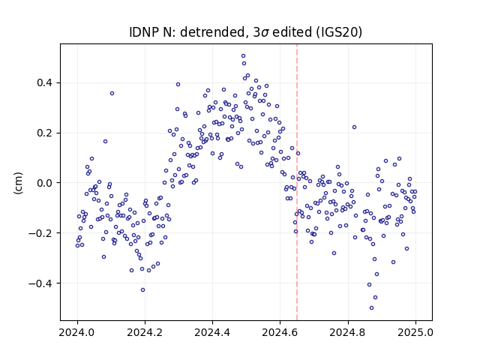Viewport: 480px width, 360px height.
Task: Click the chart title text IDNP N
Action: pyautogui.click(x=150, y=32)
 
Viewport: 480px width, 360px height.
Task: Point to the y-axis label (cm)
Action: pyautogui.click(x=18, y=182)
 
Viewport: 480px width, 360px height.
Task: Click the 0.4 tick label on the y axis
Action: pyautogui.click(x=44, y=83)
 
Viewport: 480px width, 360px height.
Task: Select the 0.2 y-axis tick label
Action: pyautogui.click(x=44, y=133)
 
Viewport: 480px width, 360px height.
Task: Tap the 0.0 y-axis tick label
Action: pyautogui.click(x=44, y=183)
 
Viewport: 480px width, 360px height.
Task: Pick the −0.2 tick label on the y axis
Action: pyautogui.click(x=40, y=233)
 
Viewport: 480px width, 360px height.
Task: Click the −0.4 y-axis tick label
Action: pyautogui.click(x=40, y=283)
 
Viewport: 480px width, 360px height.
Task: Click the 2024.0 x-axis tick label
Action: pyautogui.click(x=76, y=332)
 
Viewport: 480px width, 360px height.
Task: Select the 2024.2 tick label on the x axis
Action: pyautogui.click(x=145, y=332)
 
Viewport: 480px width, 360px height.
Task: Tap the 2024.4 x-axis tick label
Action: pyautogui.click(x=212, y=332)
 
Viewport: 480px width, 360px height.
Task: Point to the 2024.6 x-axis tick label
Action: pyautogui.click(x=280, y=332)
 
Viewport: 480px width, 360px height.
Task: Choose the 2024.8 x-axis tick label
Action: pyautogui.click(x=347, y=332)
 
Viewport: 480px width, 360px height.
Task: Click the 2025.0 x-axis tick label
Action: pyautogui.click(x=415, y=332)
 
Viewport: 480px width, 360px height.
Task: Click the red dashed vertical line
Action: pyautogui.click(x=297, y=182)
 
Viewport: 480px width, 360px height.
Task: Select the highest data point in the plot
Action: pyautogui.click(x=243, y=56)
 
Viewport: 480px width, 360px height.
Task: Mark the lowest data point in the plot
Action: pyautogui.click(x=372, y=308)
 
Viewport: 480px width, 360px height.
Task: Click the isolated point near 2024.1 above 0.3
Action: pyautogui.click(x=112, y=93)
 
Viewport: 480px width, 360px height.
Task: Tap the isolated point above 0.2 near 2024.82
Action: pyautogui.click(x=354, y=127)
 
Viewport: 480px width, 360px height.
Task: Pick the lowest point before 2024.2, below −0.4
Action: pyautogui.click(x=142, y=290)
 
